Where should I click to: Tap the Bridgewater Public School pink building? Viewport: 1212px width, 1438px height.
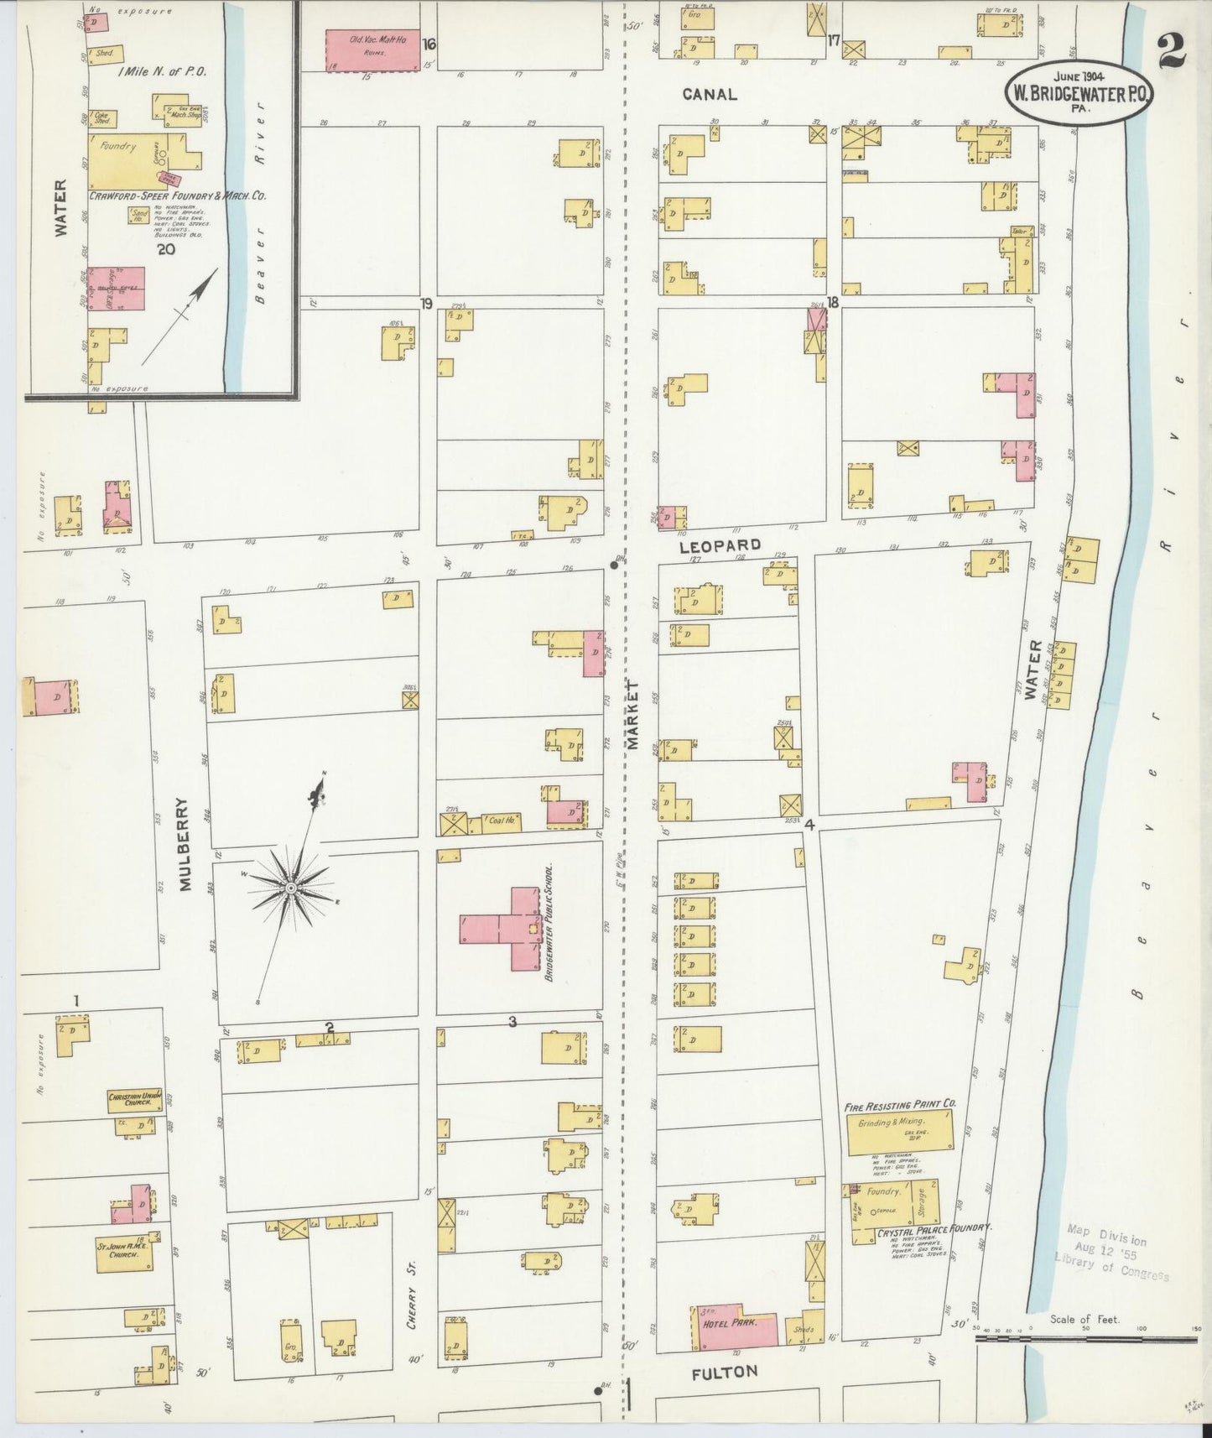click(x=513, y=929)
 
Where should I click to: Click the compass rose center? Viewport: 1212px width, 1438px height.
click(x=289, y=887)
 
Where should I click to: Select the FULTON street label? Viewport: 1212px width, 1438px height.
click(x=725, y=1373)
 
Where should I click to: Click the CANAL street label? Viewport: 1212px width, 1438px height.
click(x=710, y=94)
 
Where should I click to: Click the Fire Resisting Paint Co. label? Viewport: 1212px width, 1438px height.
click(x=900, y=1106)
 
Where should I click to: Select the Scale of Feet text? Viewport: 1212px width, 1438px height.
click(x=1084, y=1320)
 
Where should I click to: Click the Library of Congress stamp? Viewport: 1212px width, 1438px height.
click(x=1111, y=1254)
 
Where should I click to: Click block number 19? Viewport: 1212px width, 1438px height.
click(x=427, y=303)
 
